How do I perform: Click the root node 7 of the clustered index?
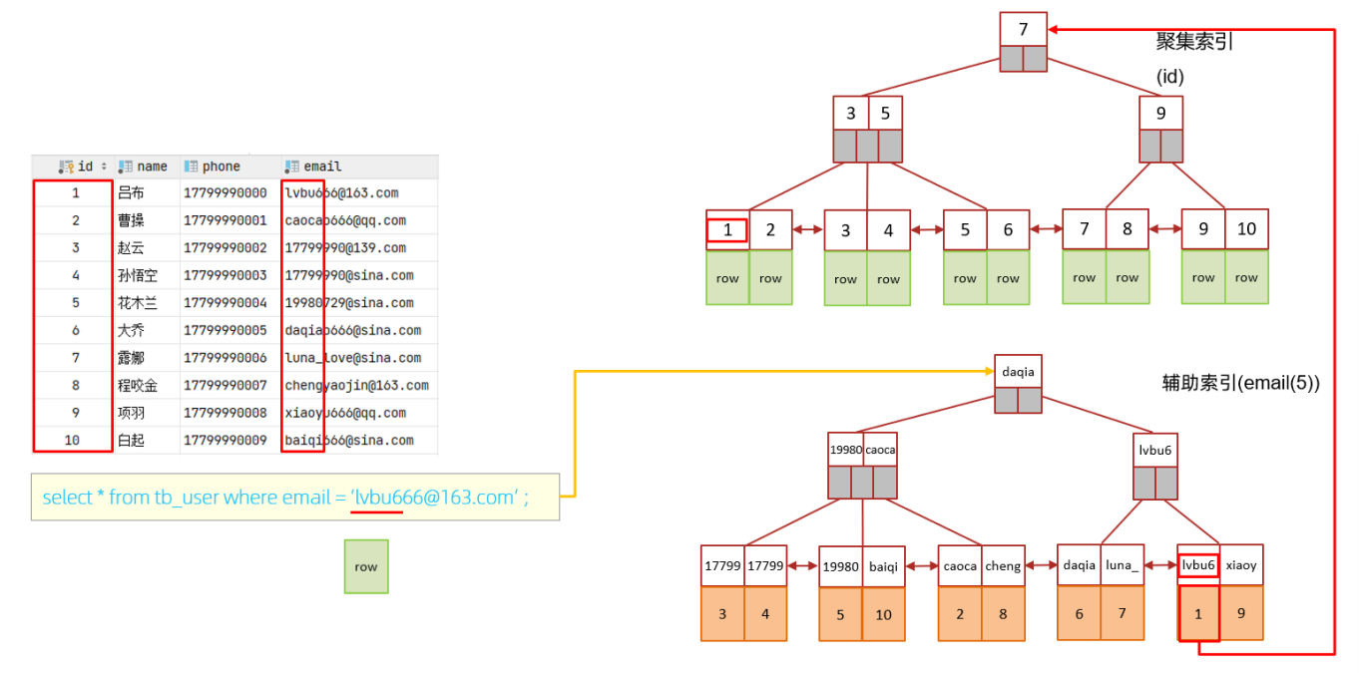(1023, 29)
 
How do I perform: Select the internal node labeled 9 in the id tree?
(1160, 114)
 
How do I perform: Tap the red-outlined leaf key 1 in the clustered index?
(726, 230)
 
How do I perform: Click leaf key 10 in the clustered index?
(1246, 229)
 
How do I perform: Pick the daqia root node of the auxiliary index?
(1018, 372)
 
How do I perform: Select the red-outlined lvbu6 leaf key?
(1198, 565)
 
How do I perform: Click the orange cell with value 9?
(1241, 613)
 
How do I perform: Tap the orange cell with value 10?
(883, 614)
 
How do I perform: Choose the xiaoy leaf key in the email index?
(1241, 565)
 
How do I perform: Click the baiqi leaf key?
(883, 566)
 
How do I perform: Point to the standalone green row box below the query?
(366, 566)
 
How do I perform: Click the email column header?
(322, 167)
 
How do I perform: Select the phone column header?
(221, 167)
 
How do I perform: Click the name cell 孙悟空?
(138, 275)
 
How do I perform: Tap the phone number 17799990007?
(226, 385)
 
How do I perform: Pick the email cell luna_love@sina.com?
(353, 358)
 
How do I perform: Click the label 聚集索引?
(1194, 41)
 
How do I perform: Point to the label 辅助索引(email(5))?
(1240, 383)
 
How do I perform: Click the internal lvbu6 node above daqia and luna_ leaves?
(1155, 450)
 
